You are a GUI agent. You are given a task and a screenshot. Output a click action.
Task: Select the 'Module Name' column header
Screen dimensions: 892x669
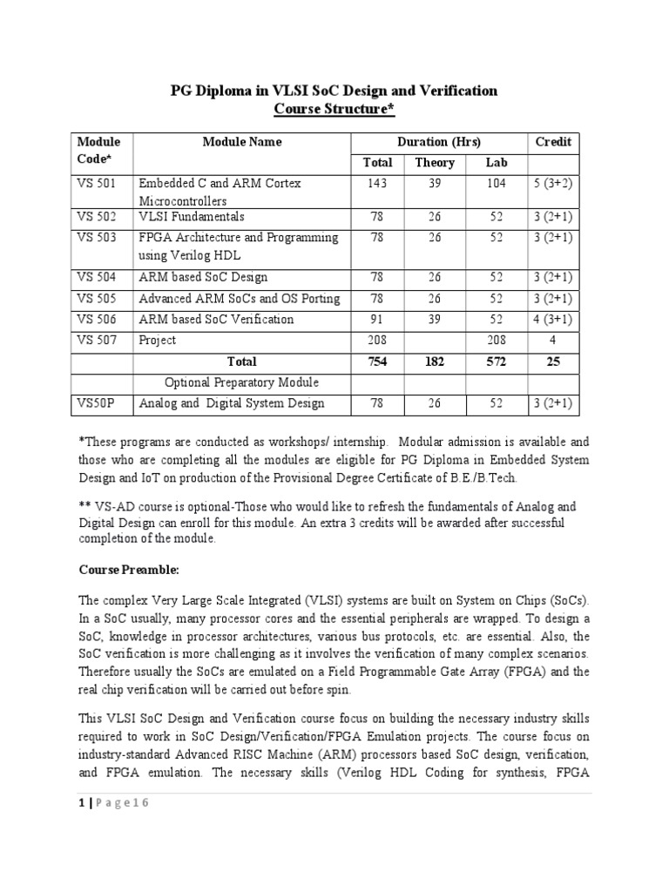(x=241, y=142)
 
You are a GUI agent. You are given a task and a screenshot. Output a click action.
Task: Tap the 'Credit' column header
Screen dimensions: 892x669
(x=552, y=142)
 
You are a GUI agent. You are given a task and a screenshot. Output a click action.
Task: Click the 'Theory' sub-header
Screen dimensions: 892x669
(x=435, y=163)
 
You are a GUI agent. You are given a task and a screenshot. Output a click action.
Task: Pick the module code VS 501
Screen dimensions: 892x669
(x=96, y=184)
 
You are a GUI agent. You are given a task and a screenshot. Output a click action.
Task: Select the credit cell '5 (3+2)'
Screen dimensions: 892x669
(x=552, y=184)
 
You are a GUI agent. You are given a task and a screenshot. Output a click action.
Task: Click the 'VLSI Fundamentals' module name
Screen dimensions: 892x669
(x=192, y=217)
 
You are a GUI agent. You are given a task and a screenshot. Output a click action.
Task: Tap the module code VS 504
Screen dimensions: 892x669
(x=96, y=278)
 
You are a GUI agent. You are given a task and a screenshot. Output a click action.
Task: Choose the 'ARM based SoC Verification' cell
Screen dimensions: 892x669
(x=216, y=319)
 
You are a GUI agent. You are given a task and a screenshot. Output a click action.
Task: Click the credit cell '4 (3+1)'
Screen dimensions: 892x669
(x=552, y=319)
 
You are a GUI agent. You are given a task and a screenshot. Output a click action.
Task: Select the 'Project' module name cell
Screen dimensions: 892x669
(x=158, y=340)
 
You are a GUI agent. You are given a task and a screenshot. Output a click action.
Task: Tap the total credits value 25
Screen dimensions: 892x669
(x=552, y=361)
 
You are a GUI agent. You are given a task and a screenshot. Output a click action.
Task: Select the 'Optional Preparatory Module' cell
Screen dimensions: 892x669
(x=241, y=382)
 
